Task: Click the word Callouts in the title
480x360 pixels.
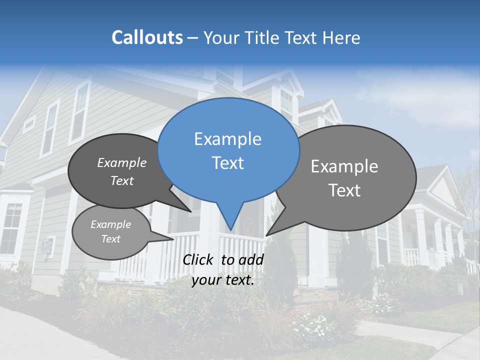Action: pos(147,37)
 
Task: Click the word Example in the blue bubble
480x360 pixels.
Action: pos(227,139)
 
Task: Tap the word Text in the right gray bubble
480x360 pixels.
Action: pos(344,190)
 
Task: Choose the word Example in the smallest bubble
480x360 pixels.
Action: pos(110,224)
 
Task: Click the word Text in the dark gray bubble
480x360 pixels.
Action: pos(122,181)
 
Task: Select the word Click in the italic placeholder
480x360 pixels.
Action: pos(199,259)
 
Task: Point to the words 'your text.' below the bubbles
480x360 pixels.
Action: pos(223,280)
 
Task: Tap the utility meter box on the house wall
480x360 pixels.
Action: pos(47,246)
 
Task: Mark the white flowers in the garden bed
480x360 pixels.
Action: pos(312,327)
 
